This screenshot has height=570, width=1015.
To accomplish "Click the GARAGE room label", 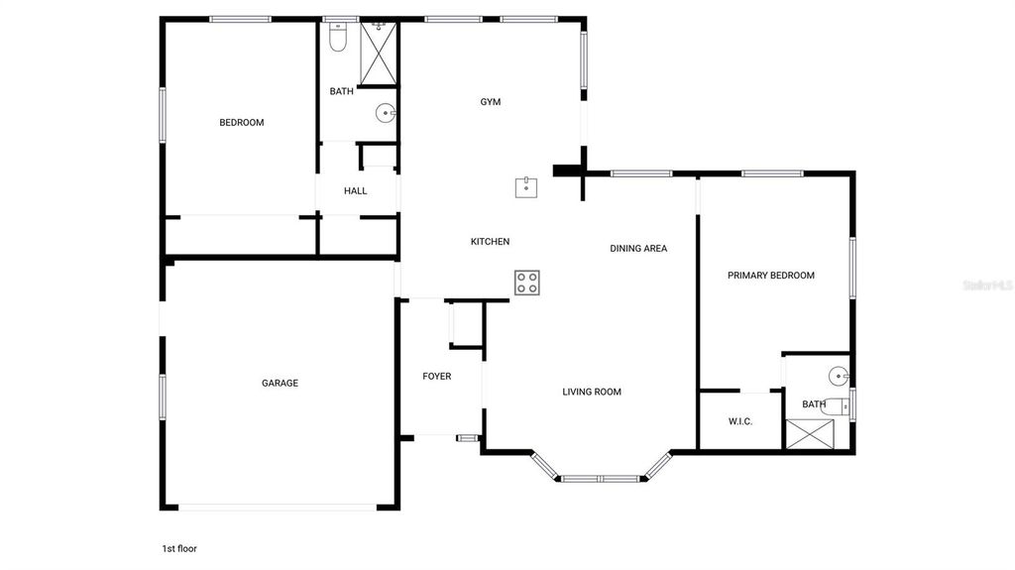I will click(280, 384).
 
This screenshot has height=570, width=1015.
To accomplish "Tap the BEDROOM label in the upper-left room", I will click(242, 123).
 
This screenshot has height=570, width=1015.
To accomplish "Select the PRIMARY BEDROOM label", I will click(771, 276).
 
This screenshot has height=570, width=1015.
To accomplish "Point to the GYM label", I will click(491, 102).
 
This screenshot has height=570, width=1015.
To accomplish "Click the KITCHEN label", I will click(490, 242).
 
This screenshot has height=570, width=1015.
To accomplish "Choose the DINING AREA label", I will click(638, 249).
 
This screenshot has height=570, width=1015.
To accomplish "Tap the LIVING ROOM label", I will click(592, 393).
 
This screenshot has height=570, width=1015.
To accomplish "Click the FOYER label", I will click(437, 377).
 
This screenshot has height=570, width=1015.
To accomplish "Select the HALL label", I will click(356, 191).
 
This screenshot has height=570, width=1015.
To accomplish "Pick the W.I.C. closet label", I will click(740, 422).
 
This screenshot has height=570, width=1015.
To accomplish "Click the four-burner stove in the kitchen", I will click(527, 283).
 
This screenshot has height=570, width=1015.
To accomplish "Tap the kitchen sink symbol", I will click(526, 187).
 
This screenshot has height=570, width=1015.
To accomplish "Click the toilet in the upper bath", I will click(337, 37).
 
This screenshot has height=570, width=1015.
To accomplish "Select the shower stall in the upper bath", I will click(378, 51).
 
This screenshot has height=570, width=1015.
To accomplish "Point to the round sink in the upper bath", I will click(385, 114).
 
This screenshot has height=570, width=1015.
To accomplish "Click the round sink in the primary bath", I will click(840, 376).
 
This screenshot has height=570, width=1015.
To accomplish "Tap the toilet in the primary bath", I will click(839, 405).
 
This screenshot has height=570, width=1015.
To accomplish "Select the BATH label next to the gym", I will click(341, 92).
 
